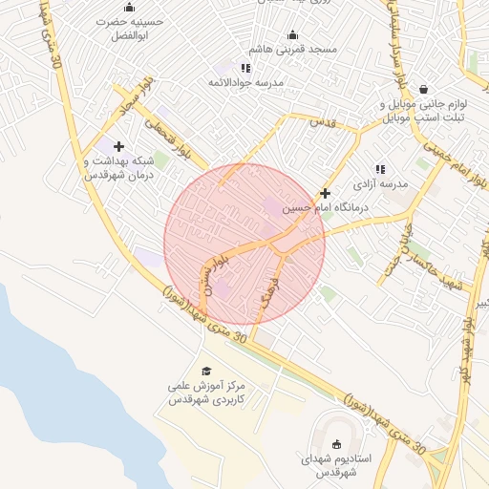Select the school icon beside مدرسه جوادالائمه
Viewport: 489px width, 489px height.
[x=245, y=68]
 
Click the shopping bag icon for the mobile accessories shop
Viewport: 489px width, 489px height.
[x=422, y=89]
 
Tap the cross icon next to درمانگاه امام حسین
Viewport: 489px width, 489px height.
[x=326, y=193]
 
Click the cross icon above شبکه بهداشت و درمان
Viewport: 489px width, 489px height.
[x=118, y=146]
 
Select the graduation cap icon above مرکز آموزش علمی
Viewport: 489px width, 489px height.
[x=206, y=371]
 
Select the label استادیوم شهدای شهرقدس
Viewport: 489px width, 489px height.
[x=335, y=466]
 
